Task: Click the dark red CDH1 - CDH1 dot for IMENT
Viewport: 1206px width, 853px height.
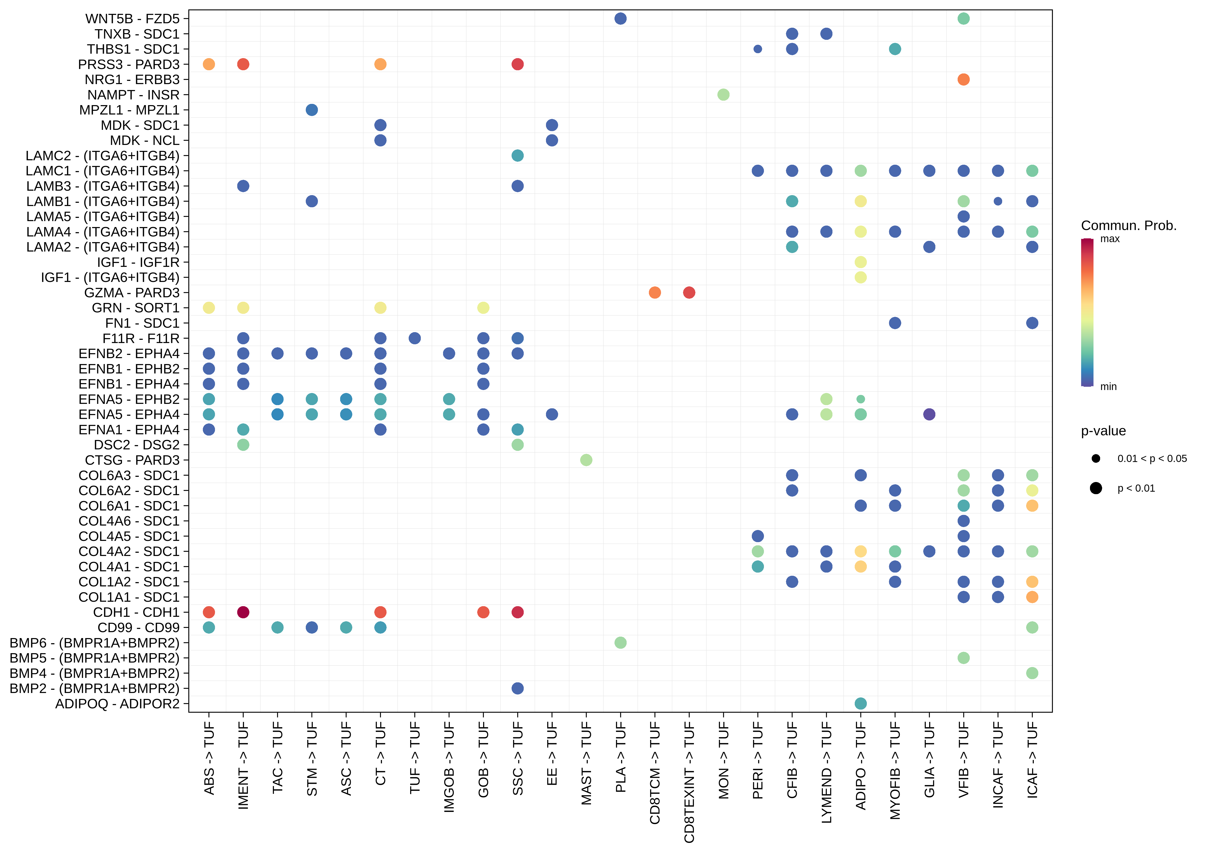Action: tap(243, 612)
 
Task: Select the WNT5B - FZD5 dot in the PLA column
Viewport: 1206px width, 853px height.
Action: tap(620, 18)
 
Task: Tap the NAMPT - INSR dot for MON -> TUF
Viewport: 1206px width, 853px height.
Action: tap(723, 94)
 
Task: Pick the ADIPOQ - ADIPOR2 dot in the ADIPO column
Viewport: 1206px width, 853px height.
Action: tap(860, 703)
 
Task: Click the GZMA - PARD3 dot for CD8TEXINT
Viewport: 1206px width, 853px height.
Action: tap(689, 293)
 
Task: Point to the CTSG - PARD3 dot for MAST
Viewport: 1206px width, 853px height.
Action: tap(586, 460)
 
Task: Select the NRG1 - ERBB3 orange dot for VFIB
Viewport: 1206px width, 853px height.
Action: tap(963, 79)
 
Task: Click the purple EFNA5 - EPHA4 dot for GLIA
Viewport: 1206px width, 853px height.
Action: tap(929, 415)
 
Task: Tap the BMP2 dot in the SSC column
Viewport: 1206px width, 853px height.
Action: tap(517, 688)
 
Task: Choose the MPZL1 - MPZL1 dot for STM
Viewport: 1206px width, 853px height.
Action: tap(311, 110)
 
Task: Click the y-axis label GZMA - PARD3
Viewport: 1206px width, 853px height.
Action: tap(132, 293)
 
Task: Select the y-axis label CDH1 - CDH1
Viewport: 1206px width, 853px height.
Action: tap(136, 612)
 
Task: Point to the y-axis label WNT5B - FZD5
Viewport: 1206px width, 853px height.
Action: tap(132, 19)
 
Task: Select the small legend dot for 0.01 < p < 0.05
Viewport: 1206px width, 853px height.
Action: tap(1096, 459)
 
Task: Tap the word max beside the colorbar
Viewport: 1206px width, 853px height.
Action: tap(1110, 239)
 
